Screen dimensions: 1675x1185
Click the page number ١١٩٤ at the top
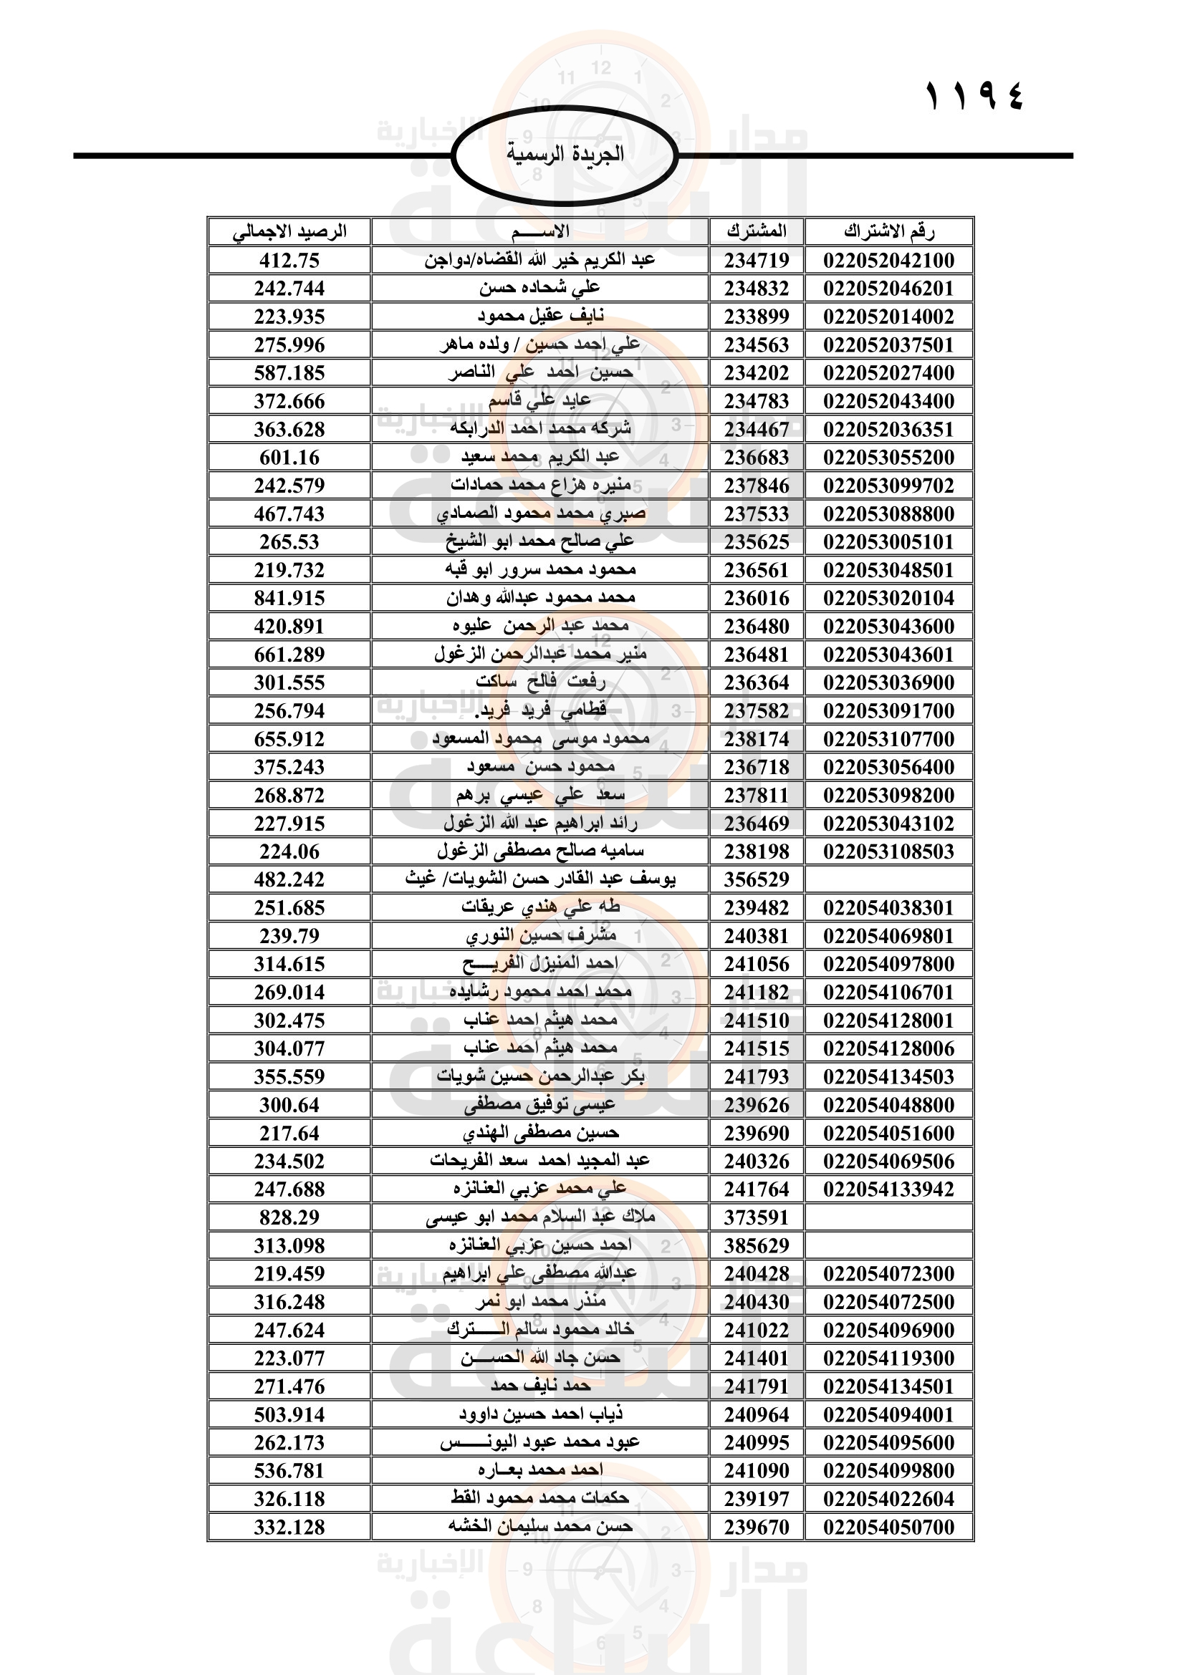click(974, 95)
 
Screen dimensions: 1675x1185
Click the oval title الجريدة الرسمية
click(565, 154)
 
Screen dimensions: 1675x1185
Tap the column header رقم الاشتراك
click(888, 231)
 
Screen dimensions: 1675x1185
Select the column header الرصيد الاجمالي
click(289, 231)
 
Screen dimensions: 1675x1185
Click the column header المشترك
click(757, 231)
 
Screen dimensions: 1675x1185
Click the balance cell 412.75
click(289, 260)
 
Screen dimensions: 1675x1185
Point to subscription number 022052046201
click(888, 288)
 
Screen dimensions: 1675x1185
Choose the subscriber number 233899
click(757, 317)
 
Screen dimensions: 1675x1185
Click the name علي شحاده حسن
click(540, 288)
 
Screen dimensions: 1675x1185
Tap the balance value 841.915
click(289, 598)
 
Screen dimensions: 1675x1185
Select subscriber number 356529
click(757, 879)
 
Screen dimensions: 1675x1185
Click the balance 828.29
click(289, 1217)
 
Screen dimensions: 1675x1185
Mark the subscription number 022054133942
click(888, 1189)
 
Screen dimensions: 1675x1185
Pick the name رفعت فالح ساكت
click(540, 682)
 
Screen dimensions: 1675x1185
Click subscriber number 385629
click(757, 1245)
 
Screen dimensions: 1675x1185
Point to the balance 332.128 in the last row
click(289, 1527)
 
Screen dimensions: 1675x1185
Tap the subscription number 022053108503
click(888, 851)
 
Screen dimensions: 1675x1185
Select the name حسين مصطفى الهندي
click(540, 1133)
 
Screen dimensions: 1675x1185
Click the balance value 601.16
click(289, 458)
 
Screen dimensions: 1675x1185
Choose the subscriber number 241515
click(757, 1048)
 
